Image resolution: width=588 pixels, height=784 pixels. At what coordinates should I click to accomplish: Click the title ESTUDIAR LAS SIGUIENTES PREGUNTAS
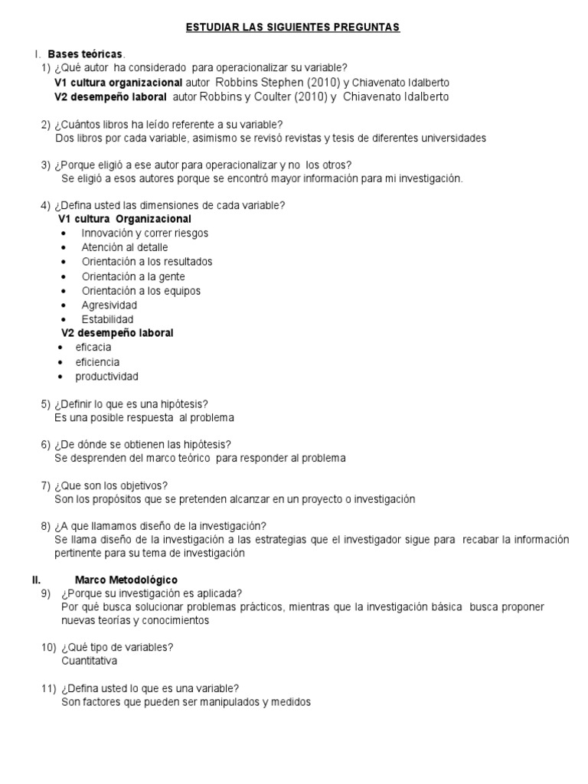pos(293,28)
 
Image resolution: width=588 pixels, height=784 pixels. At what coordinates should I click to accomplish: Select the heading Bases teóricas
pos(84,54)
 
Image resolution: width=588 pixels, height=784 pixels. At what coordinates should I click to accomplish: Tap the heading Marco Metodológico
pos(126,580)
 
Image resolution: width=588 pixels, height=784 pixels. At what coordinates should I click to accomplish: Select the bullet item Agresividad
pos(109,305)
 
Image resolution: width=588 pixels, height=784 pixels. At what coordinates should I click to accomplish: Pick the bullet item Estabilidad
pos(107,319)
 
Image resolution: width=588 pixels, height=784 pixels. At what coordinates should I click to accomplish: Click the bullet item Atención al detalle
pos(125,247)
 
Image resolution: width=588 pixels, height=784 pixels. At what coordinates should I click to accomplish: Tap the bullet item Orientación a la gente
pos(133,276)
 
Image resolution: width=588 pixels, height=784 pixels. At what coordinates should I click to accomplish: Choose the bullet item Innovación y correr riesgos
pos(145,233)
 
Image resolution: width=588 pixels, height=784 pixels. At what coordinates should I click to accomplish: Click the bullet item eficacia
pos(93,348)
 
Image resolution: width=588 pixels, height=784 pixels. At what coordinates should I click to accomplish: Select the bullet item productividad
pos(106,377)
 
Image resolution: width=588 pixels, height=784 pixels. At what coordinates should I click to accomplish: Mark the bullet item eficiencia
pos(97,362)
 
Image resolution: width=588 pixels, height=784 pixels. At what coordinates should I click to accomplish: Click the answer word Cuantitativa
pos(90,661)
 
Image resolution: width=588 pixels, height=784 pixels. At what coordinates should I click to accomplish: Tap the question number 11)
pos(47,688)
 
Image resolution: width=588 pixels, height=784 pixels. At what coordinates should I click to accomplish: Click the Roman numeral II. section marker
pos(36,580)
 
